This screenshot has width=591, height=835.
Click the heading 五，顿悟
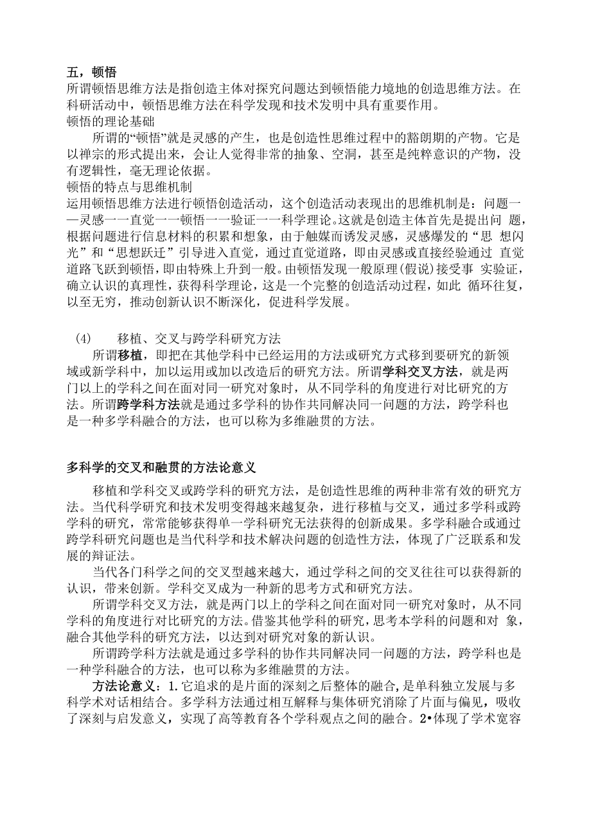pyautogui.click(x=91, y=73)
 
